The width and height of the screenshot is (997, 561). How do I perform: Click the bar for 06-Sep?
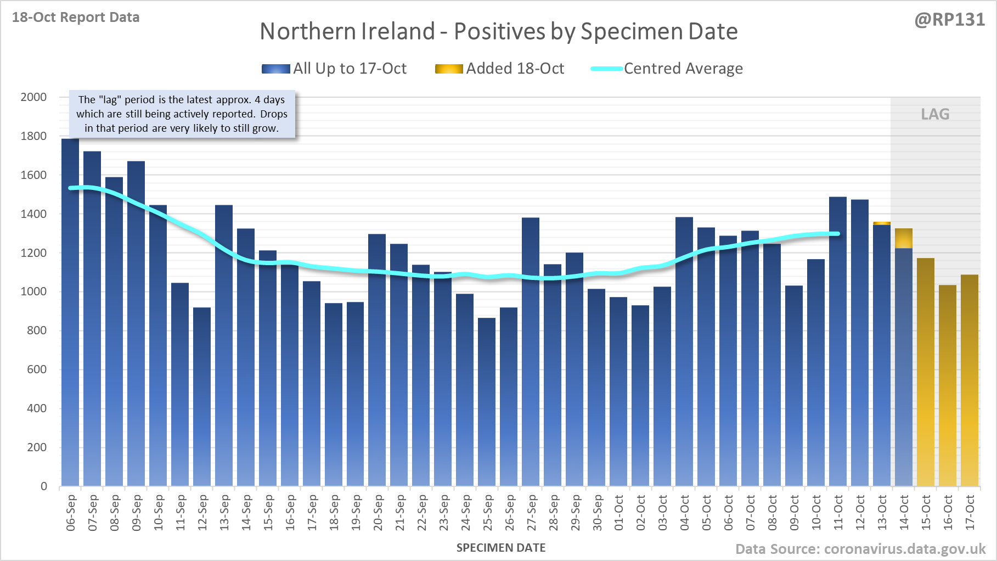point(70,313)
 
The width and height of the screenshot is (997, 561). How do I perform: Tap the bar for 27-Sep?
point(531,351)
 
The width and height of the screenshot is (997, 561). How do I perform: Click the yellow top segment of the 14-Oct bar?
point(904,238)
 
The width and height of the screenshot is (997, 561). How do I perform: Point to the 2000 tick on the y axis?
point(33,97)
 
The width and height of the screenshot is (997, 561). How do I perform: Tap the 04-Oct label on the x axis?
point(685,513)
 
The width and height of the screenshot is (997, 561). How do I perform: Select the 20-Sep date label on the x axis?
point(378,513)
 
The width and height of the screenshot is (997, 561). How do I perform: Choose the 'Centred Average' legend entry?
point(667,69)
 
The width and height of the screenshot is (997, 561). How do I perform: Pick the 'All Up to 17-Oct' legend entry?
point(334,69)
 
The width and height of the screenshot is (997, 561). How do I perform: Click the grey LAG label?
point(935,114)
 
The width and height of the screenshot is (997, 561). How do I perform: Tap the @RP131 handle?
point(949,20)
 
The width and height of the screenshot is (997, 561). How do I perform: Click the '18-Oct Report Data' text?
point(76,18)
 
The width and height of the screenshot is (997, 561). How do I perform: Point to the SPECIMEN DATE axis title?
point(501,548)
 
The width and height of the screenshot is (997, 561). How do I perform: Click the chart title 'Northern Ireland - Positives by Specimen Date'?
point(498,31)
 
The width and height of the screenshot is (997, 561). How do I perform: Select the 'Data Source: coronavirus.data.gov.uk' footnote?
point(860,549)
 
